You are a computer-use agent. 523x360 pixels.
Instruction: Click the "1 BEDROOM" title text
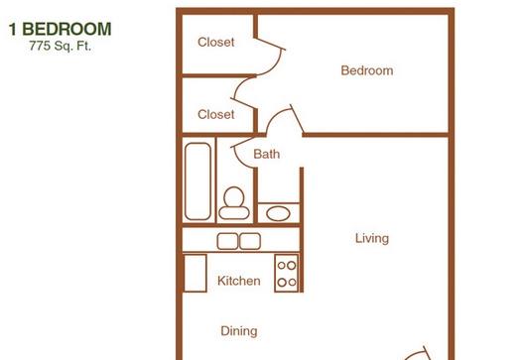pyautogui.click(x=60, y=29)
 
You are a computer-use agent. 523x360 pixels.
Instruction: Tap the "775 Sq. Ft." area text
pyautogui.click(x=60, y=46)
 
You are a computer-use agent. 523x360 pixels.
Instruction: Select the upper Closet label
pyautogui.click(x=215, y=42)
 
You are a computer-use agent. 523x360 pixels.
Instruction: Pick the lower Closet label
pyautogui.click(x=215, y=114)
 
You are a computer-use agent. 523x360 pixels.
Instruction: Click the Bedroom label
pyautogui.click(x=367, y=70)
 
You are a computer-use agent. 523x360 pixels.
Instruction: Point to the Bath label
pyautogui.click(x=267, y=154)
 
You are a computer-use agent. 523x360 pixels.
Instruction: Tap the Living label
pyautogui.click(x=372, y=238)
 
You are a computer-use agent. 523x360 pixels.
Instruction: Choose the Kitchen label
pyautogui.click(x=239, y=281)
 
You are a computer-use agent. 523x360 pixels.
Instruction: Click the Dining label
pyautogui.click(x=239, y=331)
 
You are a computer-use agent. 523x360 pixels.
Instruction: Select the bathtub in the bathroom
pyautogui.click(x=197, y=181)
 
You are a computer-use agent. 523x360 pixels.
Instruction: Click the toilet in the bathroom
pyautogui.click(x=234, y=203)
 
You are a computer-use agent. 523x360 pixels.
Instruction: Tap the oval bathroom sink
pyautogui.click(x=278, y=213)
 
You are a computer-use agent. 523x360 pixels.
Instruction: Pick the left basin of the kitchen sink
pyautogui.click(x=227, y=241)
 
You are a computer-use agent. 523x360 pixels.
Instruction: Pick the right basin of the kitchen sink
pyautogui.click(x=250, y=241)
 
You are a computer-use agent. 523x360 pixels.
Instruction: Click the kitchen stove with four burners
pyautogui.click(x=287, y=273)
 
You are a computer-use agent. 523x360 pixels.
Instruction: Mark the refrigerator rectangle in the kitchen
pyautogui.click(x=196, y=274)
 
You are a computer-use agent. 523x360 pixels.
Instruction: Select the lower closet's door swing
pyautogui.click(x=236, y=87)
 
